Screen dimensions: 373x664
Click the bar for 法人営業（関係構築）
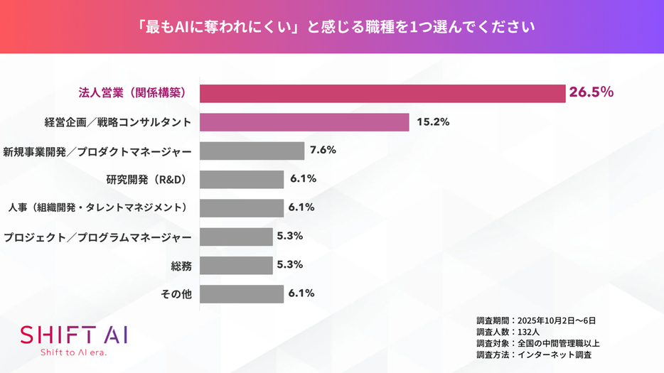[x=382, y=93]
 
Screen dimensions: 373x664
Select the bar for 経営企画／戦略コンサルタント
[x=304, y=122]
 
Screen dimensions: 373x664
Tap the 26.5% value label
[x=591, y=92]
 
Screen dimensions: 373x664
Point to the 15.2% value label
[x=433, y=122]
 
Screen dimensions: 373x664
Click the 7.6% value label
[x=323, y=151]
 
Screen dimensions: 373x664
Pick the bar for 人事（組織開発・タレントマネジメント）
[x=242, y=207]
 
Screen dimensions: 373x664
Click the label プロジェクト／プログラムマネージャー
[x=97, y=237]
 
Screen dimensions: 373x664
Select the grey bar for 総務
[x=236, y=265]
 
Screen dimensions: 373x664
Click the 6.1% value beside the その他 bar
[x=302, y=293]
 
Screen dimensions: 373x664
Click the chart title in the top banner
[x=332, y=27]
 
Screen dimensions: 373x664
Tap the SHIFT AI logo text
[x=74, y=335]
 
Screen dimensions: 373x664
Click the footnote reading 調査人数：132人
[x=508, y=332]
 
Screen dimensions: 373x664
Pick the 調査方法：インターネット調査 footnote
[x=534, y=355]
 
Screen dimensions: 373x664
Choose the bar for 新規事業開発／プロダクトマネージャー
[x=252, y=151]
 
